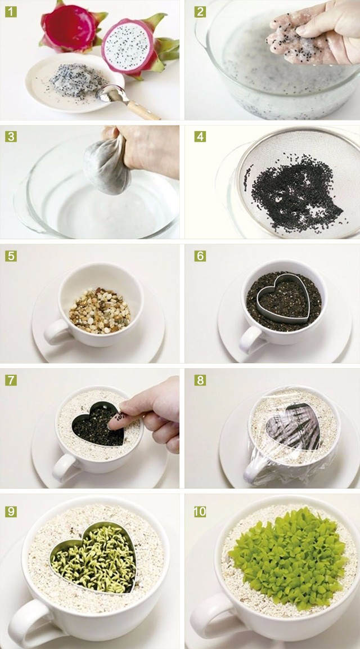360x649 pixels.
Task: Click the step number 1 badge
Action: tap(11, 12)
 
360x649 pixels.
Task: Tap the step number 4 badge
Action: tap(200, 137)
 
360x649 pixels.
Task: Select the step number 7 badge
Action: tap(11, 380)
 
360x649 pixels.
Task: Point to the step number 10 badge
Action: tap(200, 512)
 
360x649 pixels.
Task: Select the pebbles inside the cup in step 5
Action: tap(100, 310)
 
